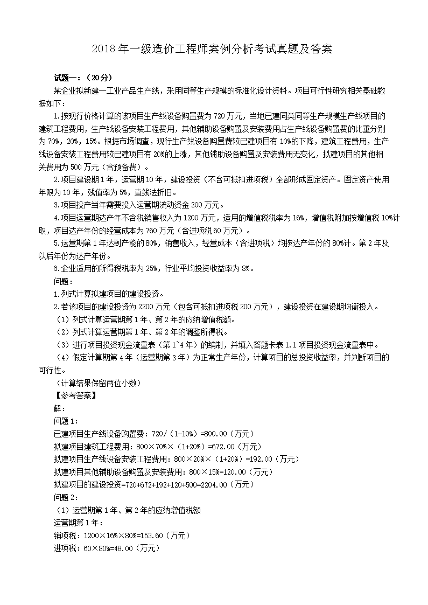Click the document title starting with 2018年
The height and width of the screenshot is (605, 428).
click(214, 50)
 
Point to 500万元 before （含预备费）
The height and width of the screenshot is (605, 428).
click(81, 167)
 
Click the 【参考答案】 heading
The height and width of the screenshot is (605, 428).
click(75, 395)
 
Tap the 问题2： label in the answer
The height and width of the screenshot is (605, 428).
click(66, 497)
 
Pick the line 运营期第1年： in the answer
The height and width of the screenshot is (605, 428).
click(74, 523)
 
